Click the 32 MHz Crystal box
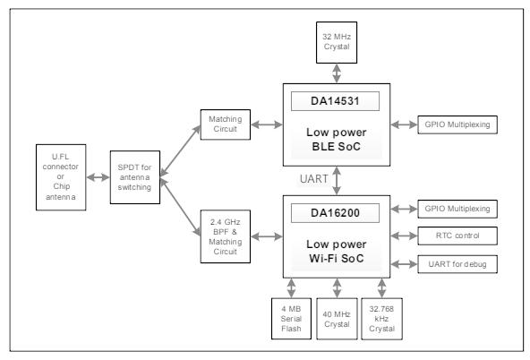(x=337, y=43)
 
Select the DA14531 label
(x=335, y=101)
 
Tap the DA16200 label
(x=335, y=213)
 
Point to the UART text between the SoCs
(x=313, y=179)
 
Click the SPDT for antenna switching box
(x=135, y=177)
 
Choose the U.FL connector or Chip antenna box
(x=61, y=177)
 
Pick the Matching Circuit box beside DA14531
(x=225, y=124)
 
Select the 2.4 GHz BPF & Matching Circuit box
(x=225, y=236)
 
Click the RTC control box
(x=457, y=236)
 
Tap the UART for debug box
(x=457, y=264)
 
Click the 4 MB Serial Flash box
(x=291, y=319)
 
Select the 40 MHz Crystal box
(x=337, y=319)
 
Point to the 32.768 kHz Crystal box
(x=381, y=319)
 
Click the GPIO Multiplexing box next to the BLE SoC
(x=457, y=124)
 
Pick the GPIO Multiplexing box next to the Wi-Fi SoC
(x=457, y=209)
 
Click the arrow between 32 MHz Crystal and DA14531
(x=337, y=73)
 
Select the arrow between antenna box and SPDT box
(x=98, y=177)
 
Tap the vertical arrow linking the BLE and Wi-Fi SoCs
(x=337, y=181)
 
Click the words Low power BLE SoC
(x=337, y=140)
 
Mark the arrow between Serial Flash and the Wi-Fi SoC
(x=291, y=288)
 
